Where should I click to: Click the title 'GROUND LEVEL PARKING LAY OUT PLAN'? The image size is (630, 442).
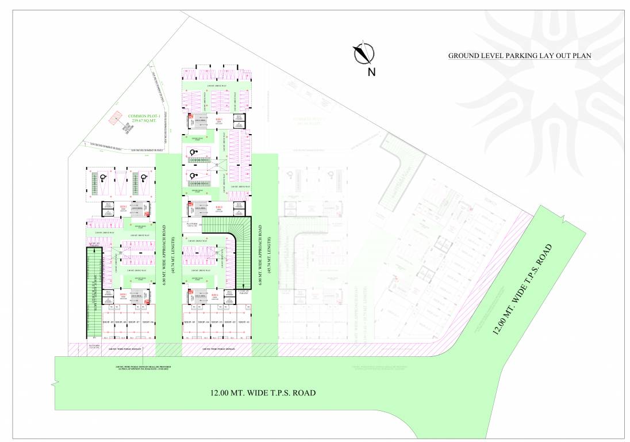pos(520,56)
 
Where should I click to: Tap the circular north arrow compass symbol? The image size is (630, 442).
pos(363,53)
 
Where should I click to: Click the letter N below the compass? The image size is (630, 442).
pos(371,72)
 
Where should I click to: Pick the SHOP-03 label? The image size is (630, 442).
pos(217,322)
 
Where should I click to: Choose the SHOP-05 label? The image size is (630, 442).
pos(190,322)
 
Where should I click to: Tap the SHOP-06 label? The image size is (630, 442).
pos(148,322)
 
